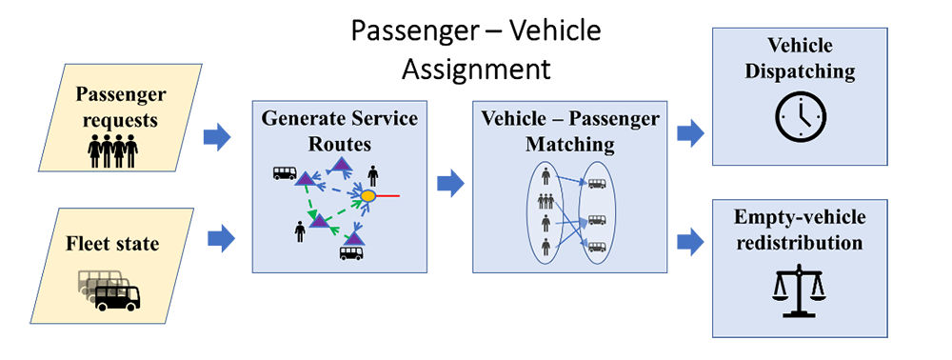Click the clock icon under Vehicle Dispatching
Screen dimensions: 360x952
800,116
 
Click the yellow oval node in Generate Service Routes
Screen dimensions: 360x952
367,196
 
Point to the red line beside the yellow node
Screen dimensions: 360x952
388,196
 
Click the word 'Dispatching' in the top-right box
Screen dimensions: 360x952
801,70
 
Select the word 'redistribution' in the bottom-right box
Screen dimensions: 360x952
800,243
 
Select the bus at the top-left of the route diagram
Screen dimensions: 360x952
284,173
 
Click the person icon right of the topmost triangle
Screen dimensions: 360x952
372,174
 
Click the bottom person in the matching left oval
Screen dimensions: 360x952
545,248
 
